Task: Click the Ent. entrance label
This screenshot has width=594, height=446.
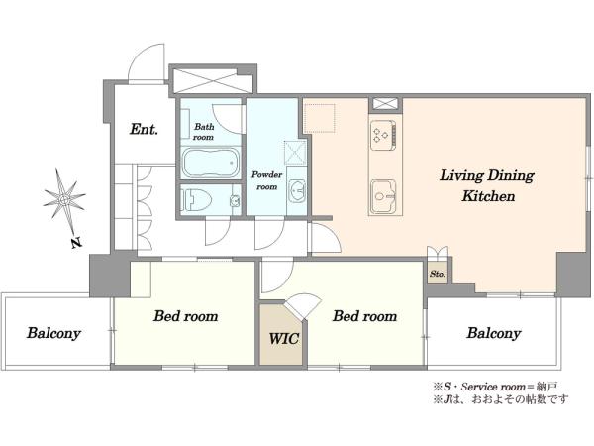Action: [144, 129]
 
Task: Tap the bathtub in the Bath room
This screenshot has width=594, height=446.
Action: [211, 164]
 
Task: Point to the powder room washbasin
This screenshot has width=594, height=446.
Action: [297, 190]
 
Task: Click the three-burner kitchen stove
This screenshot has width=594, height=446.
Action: [383, 135]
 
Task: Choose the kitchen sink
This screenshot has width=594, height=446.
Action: [383, 196]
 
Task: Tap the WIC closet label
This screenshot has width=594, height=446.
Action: [284, 338]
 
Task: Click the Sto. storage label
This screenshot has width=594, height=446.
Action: [438, 274]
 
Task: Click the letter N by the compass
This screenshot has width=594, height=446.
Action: [77, 243]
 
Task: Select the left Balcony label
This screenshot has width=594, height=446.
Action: [53, 333]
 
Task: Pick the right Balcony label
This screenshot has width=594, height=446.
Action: [494, 333]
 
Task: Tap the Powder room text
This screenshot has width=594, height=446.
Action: [267, 180]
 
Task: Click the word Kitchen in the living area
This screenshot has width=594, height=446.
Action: [488, 196]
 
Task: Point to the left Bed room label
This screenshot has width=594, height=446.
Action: [186, 316]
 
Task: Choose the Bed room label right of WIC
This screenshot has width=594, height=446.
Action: [364, 316]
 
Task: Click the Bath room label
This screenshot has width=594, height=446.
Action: [204, 132]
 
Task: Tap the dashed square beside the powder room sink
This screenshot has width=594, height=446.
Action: [295, 152]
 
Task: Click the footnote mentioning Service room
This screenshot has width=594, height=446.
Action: [496, 387]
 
